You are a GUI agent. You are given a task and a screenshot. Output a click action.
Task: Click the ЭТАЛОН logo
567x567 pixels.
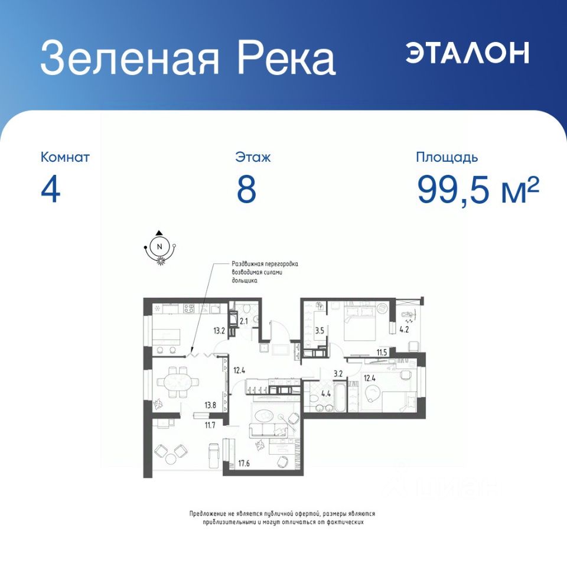(467, 53)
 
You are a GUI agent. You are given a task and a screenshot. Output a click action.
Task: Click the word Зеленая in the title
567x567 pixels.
(130, 58)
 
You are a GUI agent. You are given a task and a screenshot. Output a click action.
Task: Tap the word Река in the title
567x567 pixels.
(286, 58)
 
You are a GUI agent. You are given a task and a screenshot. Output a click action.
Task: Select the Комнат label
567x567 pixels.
(65, 157)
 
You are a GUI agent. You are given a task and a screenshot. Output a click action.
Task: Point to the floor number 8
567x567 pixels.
(247, 190)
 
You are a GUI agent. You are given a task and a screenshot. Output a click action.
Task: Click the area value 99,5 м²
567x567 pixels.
(478, 190)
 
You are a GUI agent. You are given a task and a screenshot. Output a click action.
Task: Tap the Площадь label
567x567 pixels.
(447, 158)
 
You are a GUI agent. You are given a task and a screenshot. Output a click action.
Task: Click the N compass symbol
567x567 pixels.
(159, 247)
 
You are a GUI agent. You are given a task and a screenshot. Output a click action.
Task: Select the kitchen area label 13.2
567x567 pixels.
(219, 331)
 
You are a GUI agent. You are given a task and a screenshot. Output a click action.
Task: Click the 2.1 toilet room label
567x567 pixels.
(244, 320)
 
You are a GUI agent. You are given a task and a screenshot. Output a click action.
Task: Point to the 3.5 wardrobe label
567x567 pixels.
(320, 331)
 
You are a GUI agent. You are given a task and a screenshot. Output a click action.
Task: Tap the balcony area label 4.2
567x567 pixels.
(404, 330)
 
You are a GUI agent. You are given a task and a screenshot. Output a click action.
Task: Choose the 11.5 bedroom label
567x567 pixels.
(382, 353)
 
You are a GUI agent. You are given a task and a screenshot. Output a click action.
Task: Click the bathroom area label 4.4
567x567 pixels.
(326, 394)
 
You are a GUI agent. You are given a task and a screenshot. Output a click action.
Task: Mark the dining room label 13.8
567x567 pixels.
(210, 405)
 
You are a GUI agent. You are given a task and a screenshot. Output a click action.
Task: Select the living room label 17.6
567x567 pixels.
(244, 463)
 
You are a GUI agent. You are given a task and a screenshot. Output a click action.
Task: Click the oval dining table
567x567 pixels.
(178, 382)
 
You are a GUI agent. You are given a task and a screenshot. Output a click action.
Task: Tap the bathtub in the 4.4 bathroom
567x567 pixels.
(340, 397)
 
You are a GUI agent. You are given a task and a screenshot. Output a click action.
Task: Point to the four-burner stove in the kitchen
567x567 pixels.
(189, 308)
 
